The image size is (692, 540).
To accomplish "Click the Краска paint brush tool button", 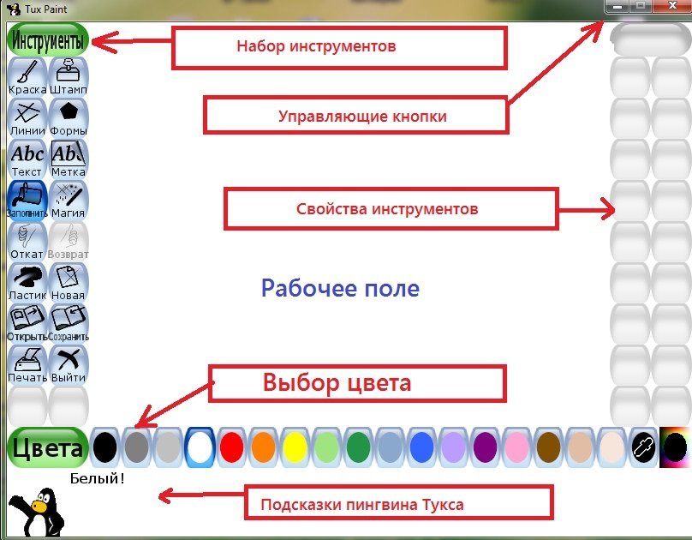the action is click(x=27, y=75).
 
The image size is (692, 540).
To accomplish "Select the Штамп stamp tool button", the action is click(x=69, y=75).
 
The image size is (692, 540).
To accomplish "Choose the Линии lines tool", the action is click(x=27, y=117).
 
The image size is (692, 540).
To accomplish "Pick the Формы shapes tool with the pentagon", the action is click(x=69, y=117).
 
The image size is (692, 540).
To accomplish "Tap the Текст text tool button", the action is click(x=27, y=158).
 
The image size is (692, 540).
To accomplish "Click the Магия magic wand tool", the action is click(x=69, y=199).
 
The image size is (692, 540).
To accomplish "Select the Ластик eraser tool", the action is click(x=27, y=281).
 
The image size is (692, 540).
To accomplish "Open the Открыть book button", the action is click(x=27, y=322).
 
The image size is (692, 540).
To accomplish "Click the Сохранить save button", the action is click(x=69, y=322).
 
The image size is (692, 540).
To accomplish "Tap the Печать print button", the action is click(x=27, y=363).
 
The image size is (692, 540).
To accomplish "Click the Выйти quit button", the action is click(x=69, y=363).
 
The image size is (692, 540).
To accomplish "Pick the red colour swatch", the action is click(x=231, y=447).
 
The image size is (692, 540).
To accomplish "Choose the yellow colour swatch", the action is click(x=295, y=447).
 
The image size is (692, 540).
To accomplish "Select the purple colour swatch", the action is click(x=485, y=447).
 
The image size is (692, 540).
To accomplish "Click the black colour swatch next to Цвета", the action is click(x=104, y=447).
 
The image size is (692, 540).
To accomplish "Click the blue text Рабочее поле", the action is click(x=340, y=288).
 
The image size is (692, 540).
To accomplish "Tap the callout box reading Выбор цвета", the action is click(x=358, y=383).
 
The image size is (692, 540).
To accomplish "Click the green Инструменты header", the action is click(x=48, y=40).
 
